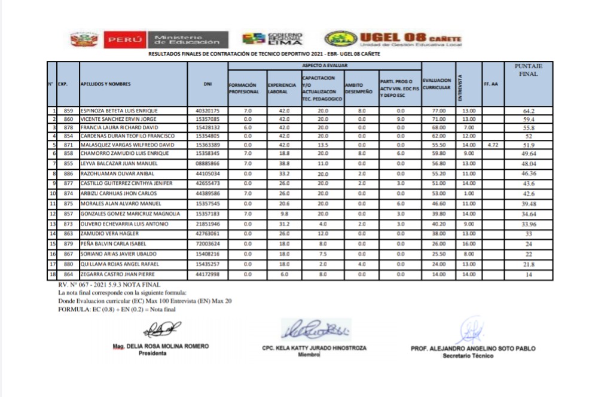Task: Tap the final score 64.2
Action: click(x=528, y=111)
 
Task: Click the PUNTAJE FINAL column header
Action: click(x=528, y=70)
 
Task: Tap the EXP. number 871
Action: click(x=68, y=145)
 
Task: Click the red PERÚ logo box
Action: click(x=123, y=40)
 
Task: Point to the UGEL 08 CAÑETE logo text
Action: click(x=410, y=39)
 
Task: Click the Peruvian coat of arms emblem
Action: click(x=84, y=40)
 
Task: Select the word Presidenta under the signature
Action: click(x=152, y=353)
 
